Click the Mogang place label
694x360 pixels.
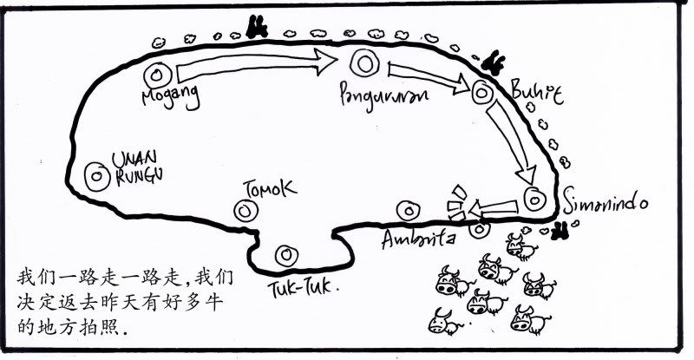(171, 95)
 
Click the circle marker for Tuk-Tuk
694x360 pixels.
(284, 255)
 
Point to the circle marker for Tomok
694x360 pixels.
(244, 210)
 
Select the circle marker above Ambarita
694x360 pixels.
(407, 209)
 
